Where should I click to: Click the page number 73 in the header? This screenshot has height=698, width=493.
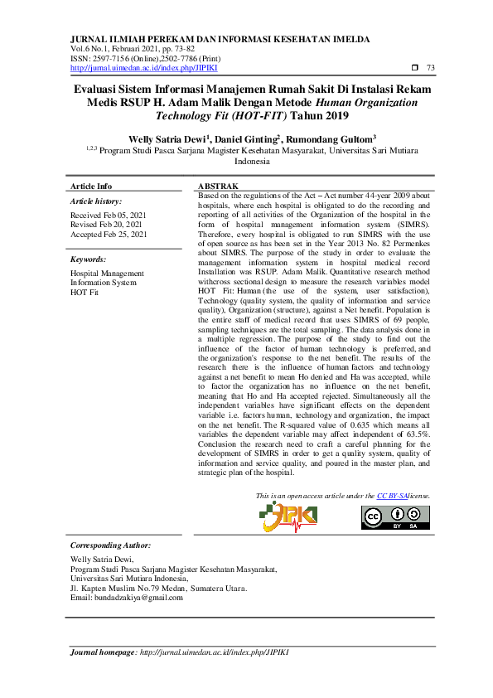pos(430,67)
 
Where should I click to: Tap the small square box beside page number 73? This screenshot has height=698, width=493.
pos(414,67)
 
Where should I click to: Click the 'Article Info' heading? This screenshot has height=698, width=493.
pos(91,186)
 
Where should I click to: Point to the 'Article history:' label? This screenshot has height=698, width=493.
pos(96,201)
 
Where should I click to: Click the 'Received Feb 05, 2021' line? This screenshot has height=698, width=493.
pos(108,215)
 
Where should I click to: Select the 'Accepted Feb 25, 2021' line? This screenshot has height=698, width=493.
pos(109,235)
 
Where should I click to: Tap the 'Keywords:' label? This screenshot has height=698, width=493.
pos(89,259)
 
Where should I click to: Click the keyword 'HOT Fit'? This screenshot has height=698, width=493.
pos(85,293)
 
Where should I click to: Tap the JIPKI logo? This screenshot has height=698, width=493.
pos(288,516)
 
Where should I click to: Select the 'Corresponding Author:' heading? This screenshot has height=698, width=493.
pos(110,545)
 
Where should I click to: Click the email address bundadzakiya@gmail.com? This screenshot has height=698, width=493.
pos(138,597)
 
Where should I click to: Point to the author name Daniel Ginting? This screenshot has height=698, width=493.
pos(244,139)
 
